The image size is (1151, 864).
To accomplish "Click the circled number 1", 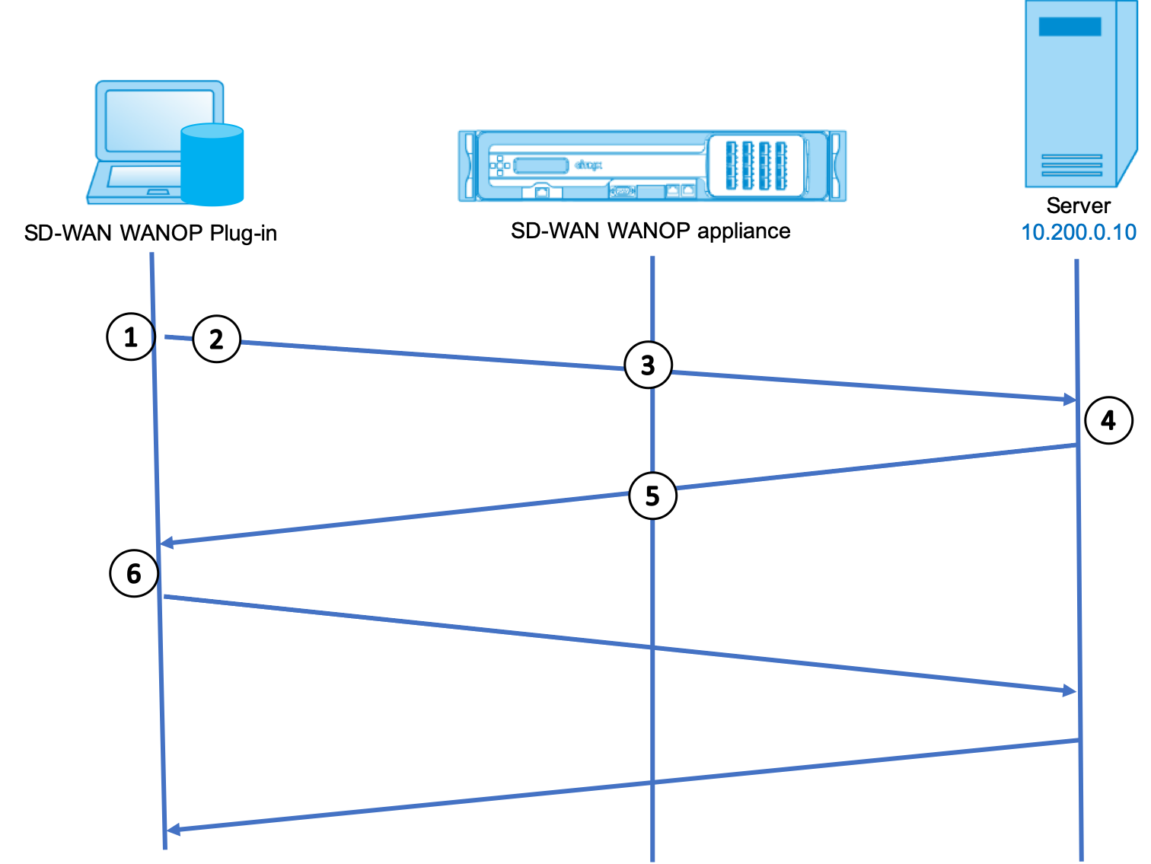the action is pos(131,336).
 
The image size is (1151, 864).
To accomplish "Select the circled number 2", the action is pos(216,340).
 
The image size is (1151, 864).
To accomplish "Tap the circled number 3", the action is pos(648,365).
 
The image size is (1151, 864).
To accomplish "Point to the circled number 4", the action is pos(1108,420).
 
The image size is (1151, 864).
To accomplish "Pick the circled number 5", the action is pos(652,496).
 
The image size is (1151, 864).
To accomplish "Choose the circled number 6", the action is pos(134,573).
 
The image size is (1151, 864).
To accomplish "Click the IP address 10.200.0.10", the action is pos(1079,232).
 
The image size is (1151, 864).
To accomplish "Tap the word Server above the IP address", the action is pos(1078,206).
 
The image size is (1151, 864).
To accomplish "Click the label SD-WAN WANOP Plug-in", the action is pos(151,233).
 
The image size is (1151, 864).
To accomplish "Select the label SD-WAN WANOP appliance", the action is pos(650,231).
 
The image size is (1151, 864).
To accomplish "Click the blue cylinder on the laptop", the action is pos(212,164).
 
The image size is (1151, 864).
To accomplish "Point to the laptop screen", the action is pos(159,120).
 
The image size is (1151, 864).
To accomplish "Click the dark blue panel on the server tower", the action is pos(1070,27).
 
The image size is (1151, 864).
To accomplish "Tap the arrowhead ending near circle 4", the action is pos(1070,400).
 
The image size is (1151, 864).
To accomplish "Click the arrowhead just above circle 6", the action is pos(167,543).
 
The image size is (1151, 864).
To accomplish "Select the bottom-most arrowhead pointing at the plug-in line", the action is pos(173,830).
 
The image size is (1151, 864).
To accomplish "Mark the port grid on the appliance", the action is pos(756,166).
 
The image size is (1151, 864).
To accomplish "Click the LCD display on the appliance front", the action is pos(540,166).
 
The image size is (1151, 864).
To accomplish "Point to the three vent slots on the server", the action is pos(1071,165).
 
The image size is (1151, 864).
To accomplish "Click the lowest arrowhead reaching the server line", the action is pos(1069,690).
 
